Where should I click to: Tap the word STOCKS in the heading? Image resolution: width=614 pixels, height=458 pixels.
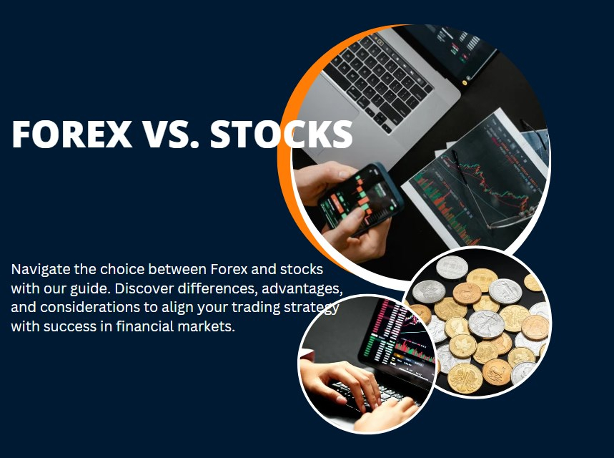(x=282, y=134)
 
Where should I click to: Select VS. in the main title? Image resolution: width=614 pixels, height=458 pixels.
(x=172, y=134)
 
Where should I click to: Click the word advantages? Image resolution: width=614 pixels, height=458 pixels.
(x=302, y=289)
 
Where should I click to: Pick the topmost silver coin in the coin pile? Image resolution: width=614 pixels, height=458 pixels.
(x=452, y=267)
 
